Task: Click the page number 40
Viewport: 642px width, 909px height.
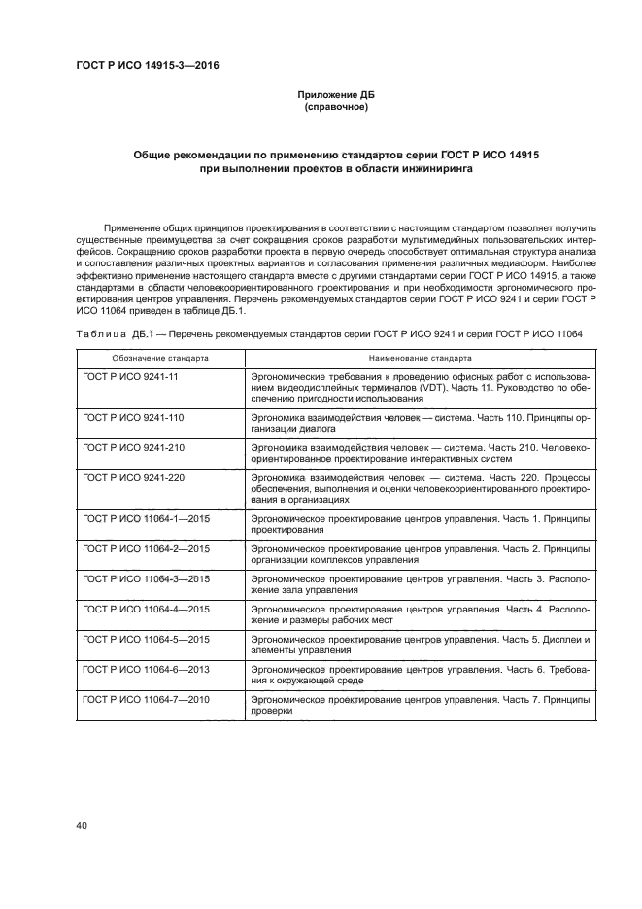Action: [82, 826]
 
